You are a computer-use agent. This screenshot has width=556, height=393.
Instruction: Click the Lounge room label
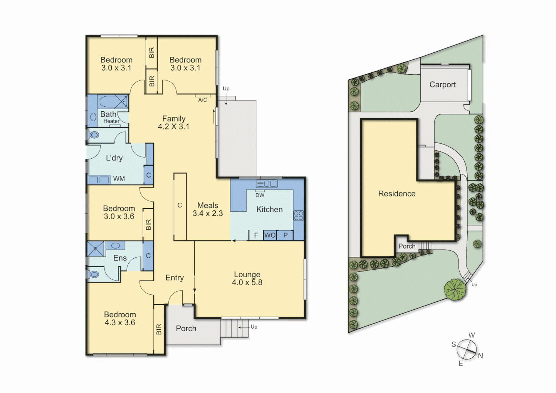[x=247, y=274]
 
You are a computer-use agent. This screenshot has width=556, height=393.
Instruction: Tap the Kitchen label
[x=269, y=209]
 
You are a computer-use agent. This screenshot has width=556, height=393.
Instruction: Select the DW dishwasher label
[x=260, y=195]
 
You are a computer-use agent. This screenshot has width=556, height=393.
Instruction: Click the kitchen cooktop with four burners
[x=298, y=215]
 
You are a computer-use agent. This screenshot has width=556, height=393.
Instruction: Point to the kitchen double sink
[x=267, y=183]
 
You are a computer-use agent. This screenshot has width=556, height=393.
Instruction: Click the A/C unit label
[x=203, y=100]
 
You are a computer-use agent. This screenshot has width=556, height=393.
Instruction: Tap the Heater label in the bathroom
[x=111, y=121]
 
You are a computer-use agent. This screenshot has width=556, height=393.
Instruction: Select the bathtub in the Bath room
[x=113, y=102]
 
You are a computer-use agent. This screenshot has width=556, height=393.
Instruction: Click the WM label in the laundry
[x=119, y=179]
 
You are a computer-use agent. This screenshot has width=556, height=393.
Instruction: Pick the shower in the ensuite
[x=96, y=249]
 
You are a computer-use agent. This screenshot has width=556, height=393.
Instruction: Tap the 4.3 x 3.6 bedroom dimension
[x=120, y=322]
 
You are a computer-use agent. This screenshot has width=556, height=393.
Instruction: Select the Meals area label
[x=208, y=206]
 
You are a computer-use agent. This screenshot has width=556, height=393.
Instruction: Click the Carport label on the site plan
[x=442, y=84]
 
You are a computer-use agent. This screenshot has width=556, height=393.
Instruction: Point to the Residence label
[x=397, y=194]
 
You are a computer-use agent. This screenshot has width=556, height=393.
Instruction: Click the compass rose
[x=467, y=349]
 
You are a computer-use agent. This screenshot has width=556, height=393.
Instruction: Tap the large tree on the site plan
[x=455, y=290]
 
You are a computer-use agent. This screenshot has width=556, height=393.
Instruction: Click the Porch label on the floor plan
[x=186, y=329]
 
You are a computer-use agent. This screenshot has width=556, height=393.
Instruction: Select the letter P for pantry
[x=285, y=235]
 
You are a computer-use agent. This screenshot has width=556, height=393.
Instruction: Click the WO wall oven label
[x=269, y=235]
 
